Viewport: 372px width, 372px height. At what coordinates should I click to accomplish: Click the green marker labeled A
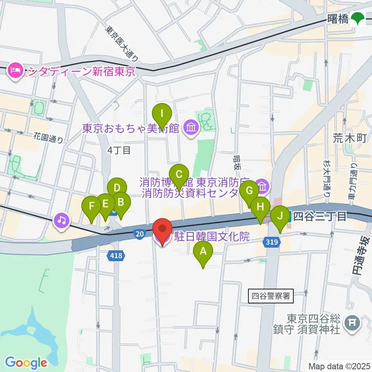(203, 252)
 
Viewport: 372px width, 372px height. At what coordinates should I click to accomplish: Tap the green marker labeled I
(162, 114)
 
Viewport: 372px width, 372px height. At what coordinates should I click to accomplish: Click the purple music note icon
(62, 220)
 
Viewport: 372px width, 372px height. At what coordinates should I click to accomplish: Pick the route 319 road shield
(271, 242)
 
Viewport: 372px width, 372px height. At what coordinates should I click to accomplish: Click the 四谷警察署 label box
(271, 297)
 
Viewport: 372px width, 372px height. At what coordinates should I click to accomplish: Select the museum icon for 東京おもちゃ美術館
(191, 127)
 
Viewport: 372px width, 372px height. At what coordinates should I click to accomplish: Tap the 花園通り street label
(48, 138)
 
